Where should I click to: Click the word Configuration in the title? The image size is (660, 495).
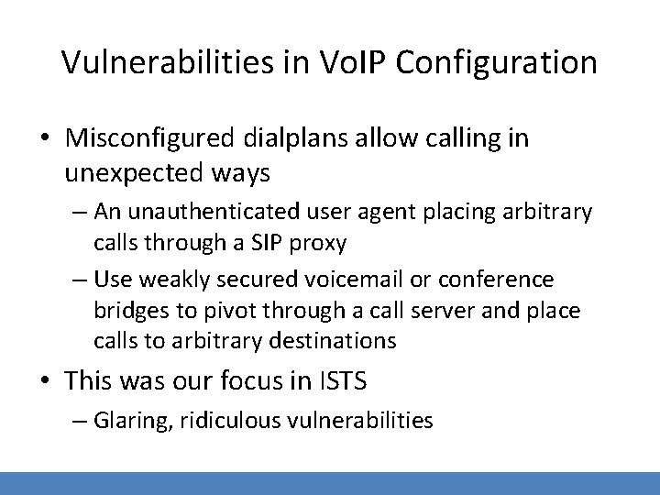500,62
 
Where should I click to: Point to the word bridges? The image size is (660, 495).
129,310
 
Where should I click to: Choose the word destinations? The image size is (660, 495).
324,342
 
